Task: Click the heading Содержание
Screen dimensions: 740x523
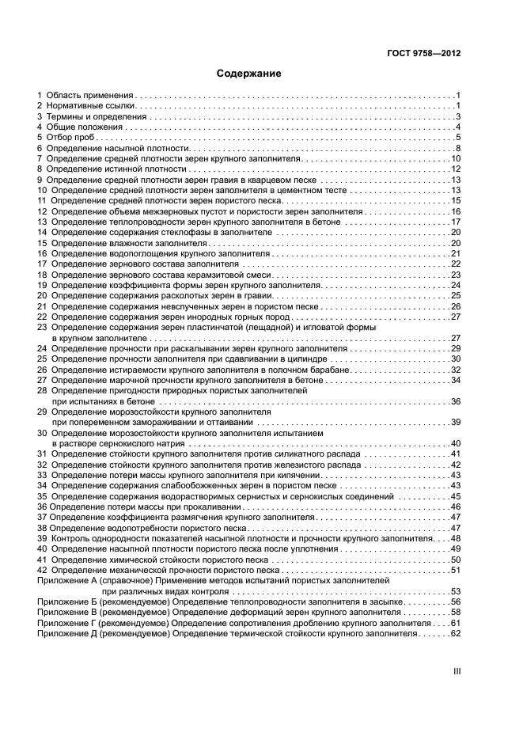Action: point(248,74)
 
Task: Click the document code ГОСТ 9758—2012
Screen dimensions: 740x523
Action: point(422,53)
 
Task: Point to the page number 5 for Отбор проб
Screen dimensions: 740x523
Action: point(457,138)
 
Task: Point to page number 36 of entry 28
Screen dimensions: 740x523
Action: point(455,401)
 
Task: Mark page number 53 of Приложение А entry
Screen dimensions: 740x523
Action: point(455,591)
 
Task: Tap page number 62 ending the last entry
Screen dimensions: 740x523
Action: point(455,634)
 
